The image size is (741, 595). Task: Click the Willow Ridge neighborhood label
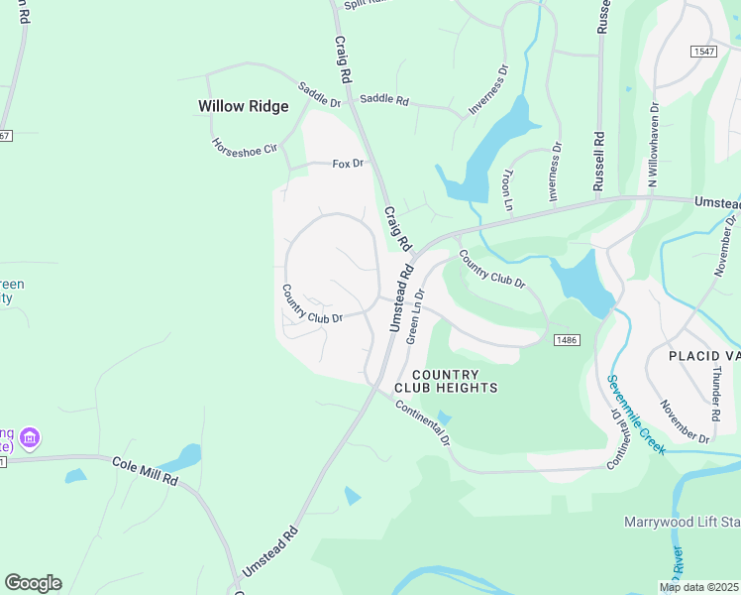tap(244, 106)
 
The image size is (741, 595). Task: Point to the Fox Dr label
tap(348, 163)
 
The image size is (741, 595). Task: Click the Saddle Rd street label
tap(384, 99)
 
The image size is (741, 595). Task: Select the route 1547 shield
tap(703, 50)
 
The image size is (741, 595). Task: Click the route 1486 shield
tap(566, 340)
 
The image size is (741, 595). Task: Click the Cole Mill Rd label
tap(145, 470)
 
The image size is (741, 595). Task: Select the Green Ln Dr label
tap(415, 316)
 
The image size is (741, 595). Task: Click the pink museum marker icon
tap(30, 437)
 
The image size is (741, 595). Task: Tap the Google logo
tap(33, 583)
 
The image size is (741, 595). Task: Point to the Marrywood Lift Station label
tap(682, 522)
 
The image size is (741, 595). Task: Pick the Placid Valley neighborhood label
tap(703, 355)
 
